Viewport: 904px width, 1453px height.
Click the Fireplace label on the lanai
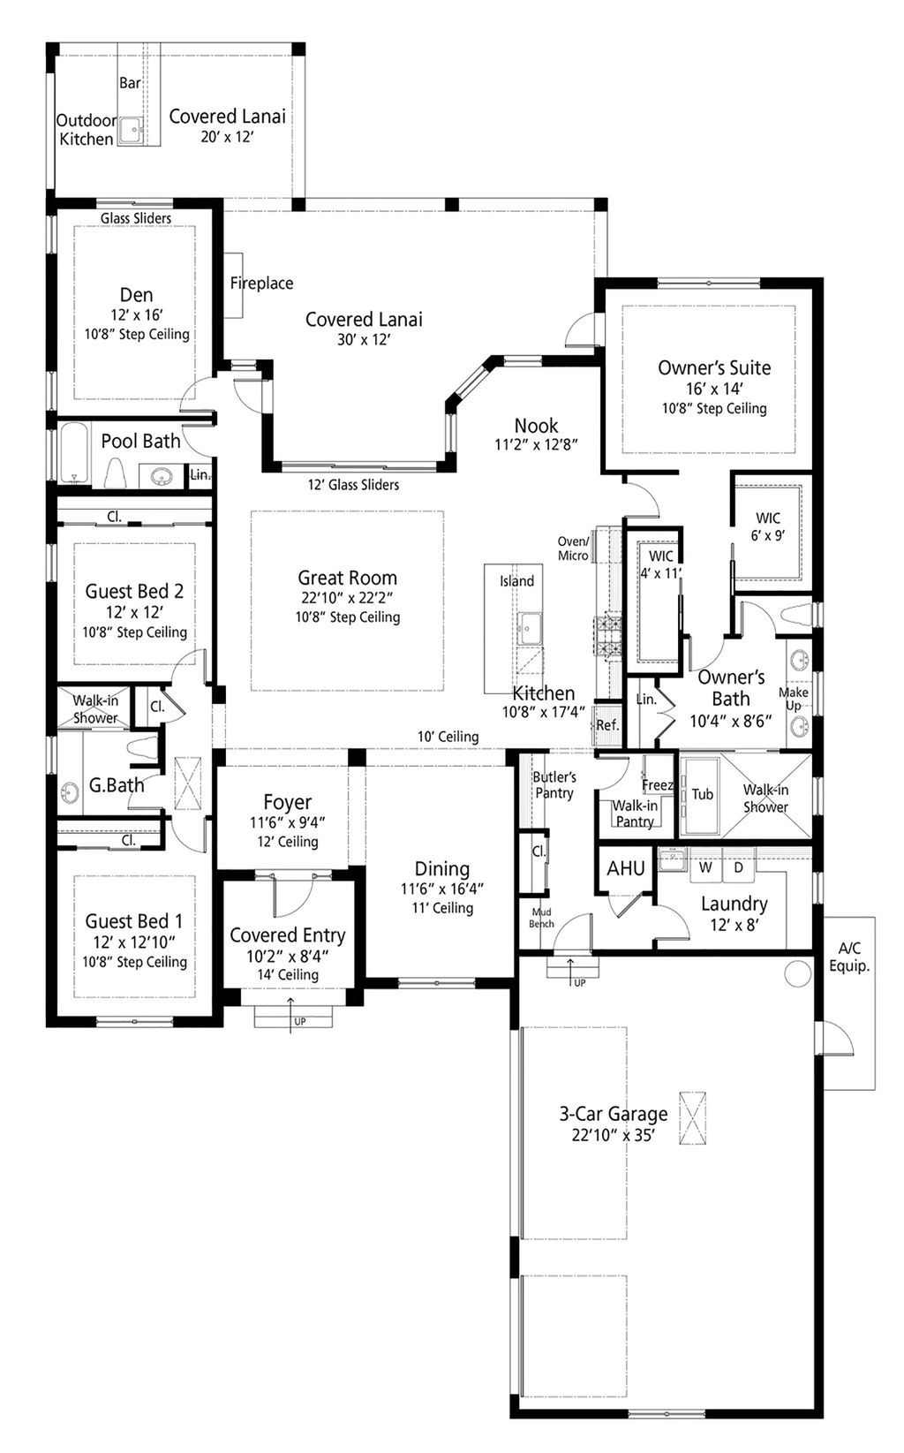tap(261, 284)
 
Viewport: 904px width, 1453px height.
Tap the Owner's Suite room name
tap(713, 367)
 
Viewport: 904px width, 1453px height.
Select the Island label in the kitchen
tap(516, 581)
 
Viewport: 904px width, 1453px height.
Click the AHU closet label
tap(626, 868)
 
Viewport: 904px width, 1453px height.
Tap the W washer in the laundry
tap(705, 867)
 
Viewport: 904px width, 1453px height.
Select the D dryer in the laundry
tap(739, 867)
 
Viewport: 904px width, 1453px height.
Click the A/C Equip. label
tap(849, 957)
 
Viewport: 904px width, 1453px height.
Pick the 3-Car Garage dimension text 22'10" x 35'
tap(613, 1136)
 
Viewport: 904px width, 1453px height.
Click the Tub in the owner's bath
tap(702, 794)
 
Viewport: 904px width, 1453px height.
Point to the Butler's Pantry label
tap(554, 784)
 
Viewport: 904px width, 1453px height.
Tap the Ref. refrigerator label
tap(607, 725)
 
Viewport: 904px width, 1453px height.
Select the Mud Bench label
tap(541, 917)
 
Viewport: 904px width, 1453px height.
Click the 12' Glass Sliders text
tap(353, 485)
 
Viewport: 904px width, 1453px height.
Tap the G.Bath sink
tap(70, 791)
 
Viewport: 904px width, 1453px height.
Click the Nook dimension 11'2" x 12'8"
tap(536, 444)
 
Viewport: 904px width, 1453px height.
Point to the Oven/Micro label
tap(573, 549)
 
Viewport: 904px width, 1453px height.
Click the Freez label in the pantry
tap(658, 784)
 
